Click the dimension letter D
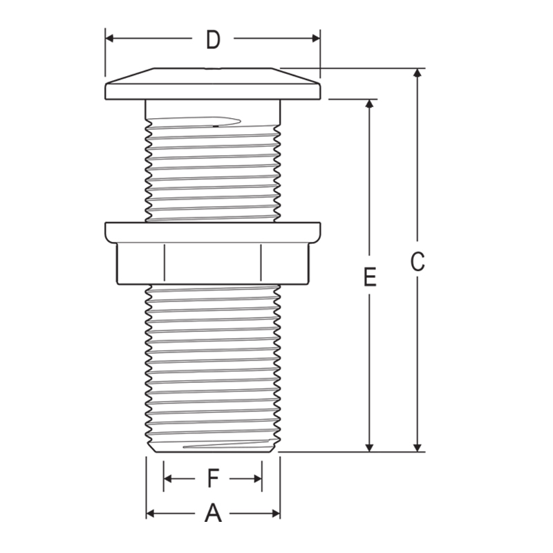(x=213, y=40)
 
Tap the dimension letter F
(x=213, y=478)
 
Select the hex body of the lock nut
(x=213, y=263)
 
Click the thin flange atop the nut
(x=213, y=232)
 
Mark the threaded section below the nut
(x=213, y=366)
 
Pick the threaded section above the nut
(x=213, y=166)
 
